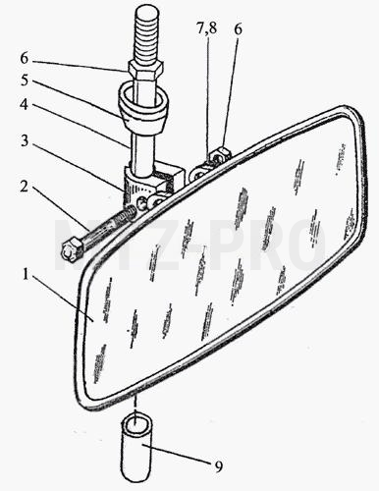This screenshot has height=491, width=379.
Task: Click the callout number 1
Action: [x=25, y=275]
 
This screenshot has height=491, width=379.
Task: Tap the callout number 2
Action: [x=24, y=187]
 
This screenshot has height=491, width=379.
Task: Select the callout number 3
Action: [x=25, y=141]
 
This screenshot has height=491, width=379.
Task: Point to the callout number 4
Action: [x=24, y=104]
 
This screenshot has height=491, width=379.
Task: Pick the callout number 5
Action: [x=25, y=81]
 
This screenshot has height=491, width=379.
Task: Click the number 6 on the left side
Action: [x=25, y=58]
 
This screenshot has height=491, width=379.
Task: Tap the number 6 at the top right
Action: [x=238, y=29]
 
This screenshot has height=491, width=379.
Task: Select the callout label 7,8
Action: [x=206, y=28]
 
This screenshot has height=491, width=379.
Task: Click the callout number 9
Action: [x=219, y=465]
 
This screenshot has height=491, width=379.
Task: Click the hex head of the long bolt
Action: [x=71, y=249]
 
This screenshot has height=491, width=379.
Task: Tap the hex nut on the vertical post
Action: [x=145, y=71]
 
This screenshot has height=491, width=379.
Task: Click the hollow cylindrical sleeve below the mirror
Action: [x=136, y=449]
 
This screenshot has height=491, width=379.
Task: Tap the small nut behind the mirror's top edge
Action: [x=222, y=155]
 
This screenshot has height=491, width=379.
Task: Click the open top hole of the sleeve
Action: [x=136, y=424]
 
